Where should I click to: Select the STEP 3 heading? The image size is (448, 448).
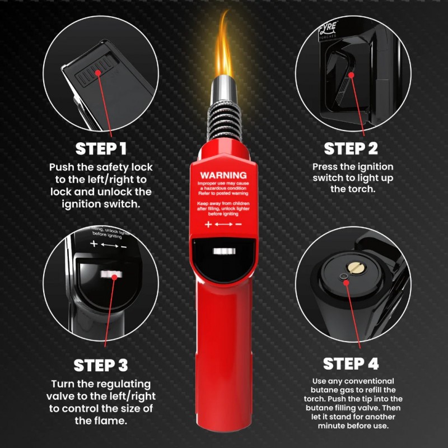(x=101, y=365)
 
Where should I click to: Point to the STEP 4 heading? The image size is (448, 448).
(x=351, y=363)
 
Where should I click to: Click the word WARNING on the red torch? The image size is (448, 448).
(x=223, y=175)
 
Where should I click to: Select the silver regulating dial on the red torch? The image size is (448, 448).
(x=223, y=251)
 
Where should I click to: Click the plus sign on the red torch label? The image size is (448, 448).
(x=208, y=224)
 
